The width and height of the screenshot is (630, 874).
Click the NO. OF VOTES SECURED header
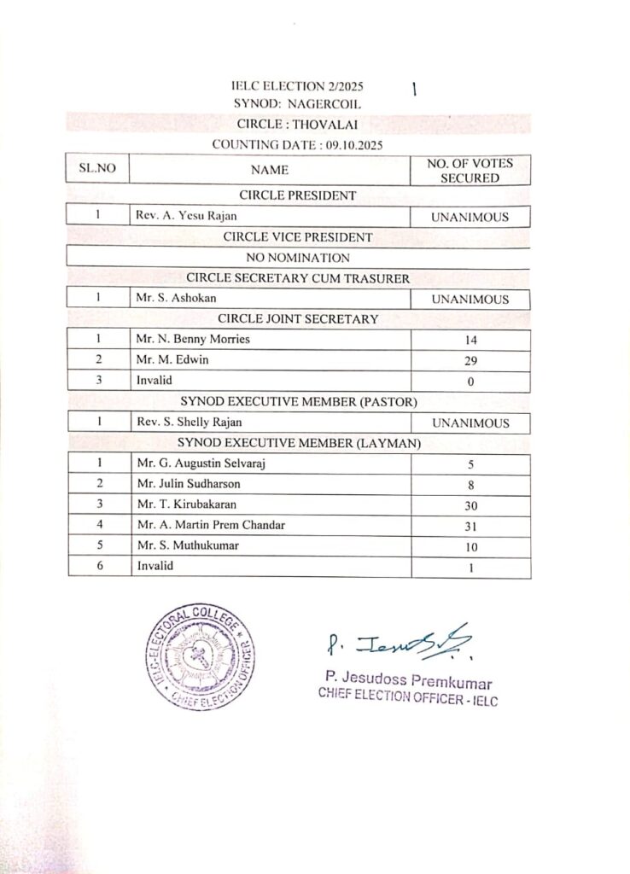point(470,170)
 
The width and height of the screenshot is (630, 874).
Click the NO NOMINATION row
point(298,257)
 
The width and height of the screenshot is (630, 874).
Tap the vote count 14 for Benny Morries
point(470,341)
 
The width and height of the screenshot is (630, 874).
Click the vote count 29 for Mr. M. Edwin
point(470,361)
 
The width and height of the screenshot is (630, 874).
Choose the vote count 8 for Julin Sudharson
point(470,485)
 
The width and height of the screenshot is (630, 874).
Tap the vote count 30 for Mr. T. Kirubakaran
point(470,505)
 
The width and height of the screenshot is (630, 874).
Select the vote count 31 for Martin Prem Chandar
point(470,526)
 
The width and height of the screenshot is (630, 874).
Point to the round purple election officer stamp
point(199,661)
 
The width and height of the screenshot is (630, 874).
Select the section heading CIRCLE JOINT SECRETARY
point(298,319)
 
